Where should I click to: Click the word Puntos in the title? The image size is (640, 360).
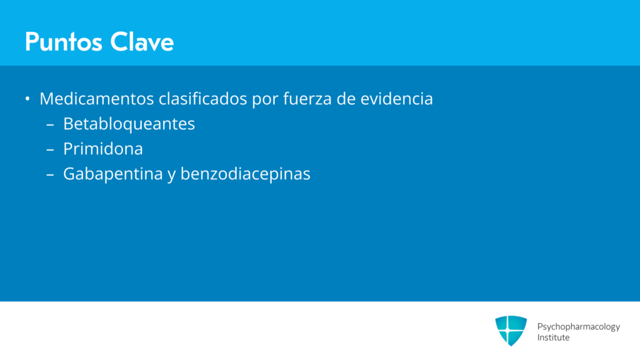click(63, 42)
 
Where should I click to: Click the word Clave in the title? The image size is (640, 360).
click(142, 42)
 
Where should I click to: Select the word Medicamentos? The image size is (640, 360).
click(97, 99)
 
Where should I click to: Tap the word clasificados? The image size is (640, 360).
click(203, 99)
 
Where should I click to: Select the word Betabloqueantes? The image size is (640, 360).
click(129, 124)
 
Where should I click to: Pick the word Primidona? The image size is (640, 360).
click(103, 149)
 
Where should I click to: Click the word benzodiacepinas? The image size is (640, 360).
click(245, 174)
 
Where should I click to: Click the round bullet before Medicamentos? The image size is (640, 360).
click(27, 98)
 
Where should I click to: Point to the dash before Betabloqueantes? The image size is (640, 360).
click(50, 124)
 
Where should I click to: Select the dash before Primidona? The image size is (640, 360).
click(50, 150)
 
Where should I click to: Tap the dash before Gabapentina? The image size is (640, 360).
click(50, 175)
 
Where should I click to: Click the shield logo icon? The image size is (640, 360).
click(511, 331)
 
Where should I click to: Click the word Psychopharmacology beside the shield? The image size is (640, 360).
click(578, 327)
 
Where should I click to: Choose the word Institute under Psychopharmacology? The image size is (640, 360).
click(553, 337)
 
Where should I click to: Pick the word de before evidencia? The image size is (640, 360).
click(346, 99)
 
